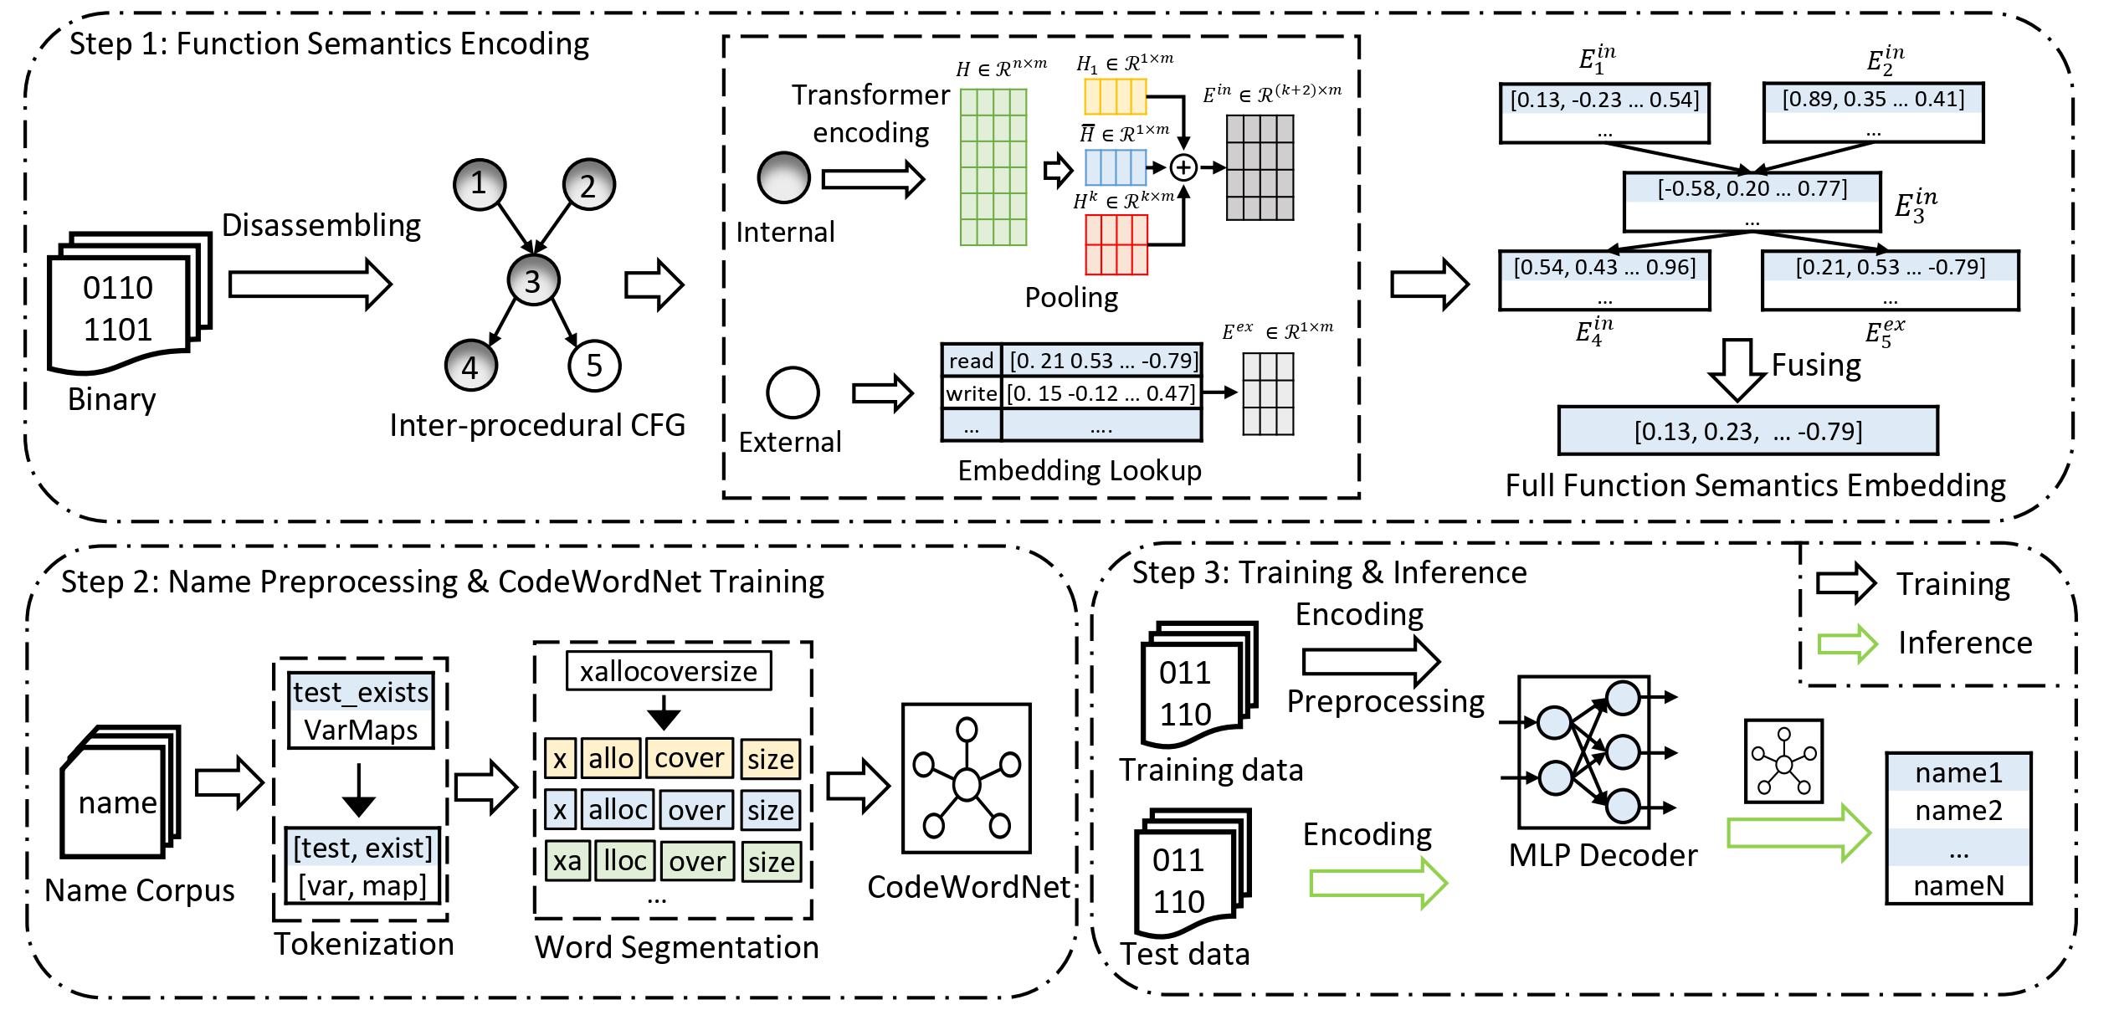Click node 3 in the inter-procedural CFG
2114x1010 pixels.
(x=533, y=281)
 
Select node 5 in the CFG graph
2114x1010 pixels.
(x=594, y=365)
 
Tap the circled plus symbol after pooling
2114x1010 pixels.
(x=1183, y=168)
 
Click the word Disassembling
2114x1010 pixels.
(x=321, y=226)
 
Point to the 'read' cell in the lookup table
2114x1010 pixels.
(x=971, y=361)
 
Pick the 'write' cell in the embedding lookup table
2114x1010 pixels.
(x=971, y=392)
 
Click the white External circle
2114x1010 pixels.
(x=793, y=392)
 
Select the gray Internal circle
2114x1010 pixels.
(x=783, y=177)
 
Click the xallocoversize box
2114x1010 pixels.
(x=668, y=671)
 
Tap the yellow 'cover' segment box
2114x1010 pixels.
(x=689, y=758)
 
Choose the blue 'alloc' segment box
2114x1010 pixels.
(x=618, y=810)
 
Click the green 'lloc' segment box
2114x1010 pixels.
(x=624, y=862)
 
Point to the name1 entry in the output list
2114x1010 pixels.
(x=1958, y=772)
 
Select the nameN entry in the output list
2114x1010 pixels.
(x=1958, y=886)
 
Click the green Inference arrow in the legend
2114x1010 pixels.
(x=1848, y=643)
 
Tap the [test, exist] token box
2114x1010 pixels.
(x=362, y=849)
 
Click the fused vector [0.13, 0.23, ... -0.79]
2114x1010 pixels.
(x=1747, y=431)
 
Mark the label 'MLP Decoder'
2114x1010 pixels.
(x=1603, y=855)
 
